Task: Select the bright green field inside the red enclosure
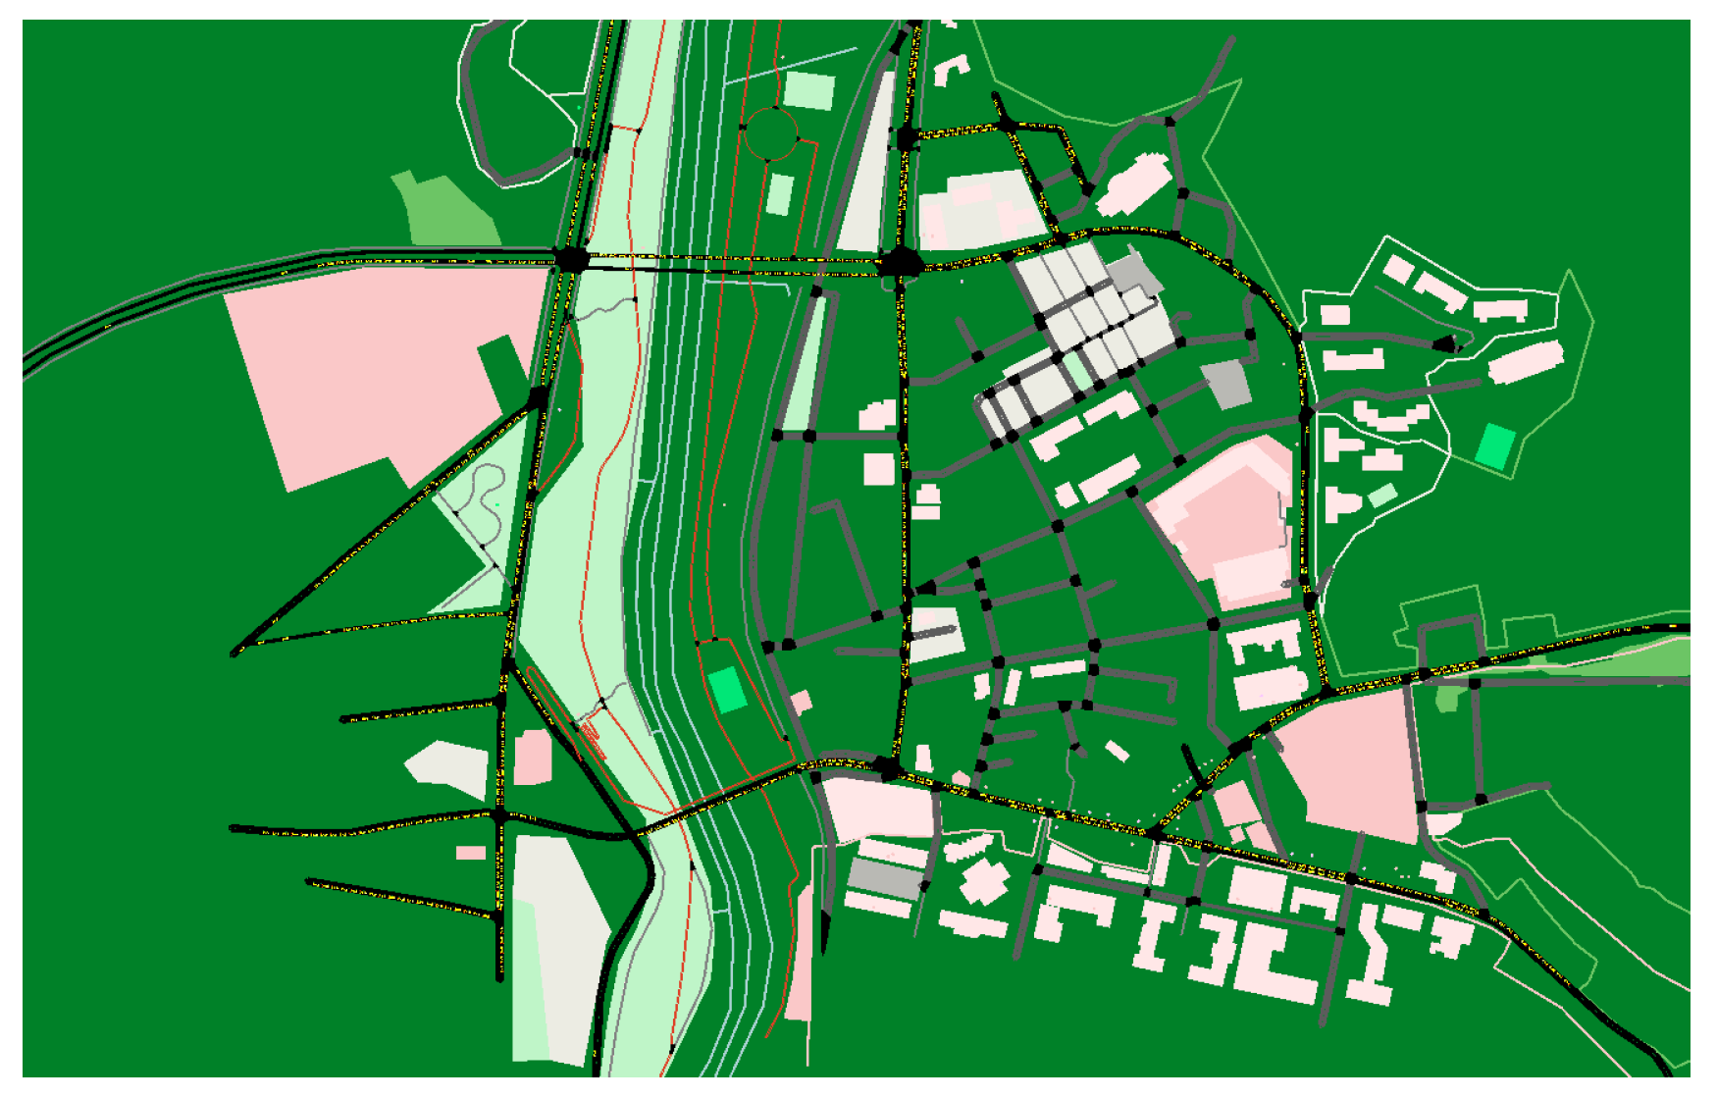(727, 689)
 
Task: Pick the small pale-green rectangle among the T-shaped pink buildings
(1382, 495)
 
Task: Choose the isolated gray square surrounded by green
(1226, 384)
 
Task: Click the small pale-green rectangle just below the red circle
(780, 194)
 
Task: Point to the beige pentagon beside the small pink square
(447, 767)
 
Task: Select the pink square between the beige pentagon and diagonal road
(533, 757)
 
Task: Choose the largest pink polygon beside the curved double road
(383, 363)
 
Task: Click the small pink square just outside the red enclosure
(802, 701)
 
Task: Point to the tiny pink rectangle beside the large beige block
(471, 853)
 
